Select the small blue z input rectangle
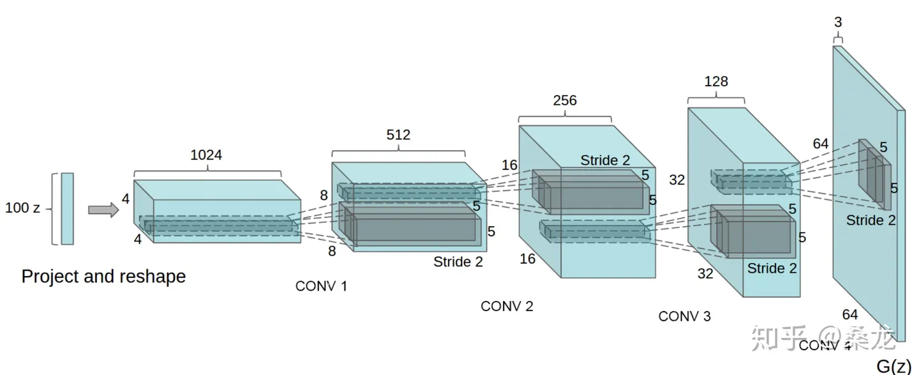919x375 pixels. pos(67,208)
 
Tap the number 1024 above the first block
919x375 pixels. pos(206,155)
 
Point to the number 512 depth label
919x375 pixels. pos(398,135)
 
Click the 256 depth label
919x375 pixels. pos(565,100)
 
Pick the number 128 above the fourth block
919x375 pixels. pos(715,82)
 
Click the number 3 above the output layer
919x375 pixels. pos(838,22)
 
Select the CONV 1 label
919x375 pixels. pos(321,286)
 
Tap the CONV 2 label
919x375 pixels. pos(507,306)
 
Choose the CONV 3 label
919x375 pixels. pos(684,316)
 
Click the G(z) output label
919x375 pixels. pos(893,366)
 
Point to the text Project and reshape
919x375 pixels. pos(103,276)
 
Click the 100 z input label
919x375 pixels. pos(22,208)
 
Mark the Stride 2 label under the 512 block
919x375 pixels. pos(458,261)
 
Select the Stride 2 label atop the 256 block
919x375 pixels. pos(605,160)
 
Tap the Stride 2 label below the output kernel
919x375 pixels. pos(871,220)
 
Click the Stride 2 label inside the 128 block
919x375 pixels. pos(772,268)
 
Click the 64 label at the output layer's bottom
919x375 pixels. pos(850,314)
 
